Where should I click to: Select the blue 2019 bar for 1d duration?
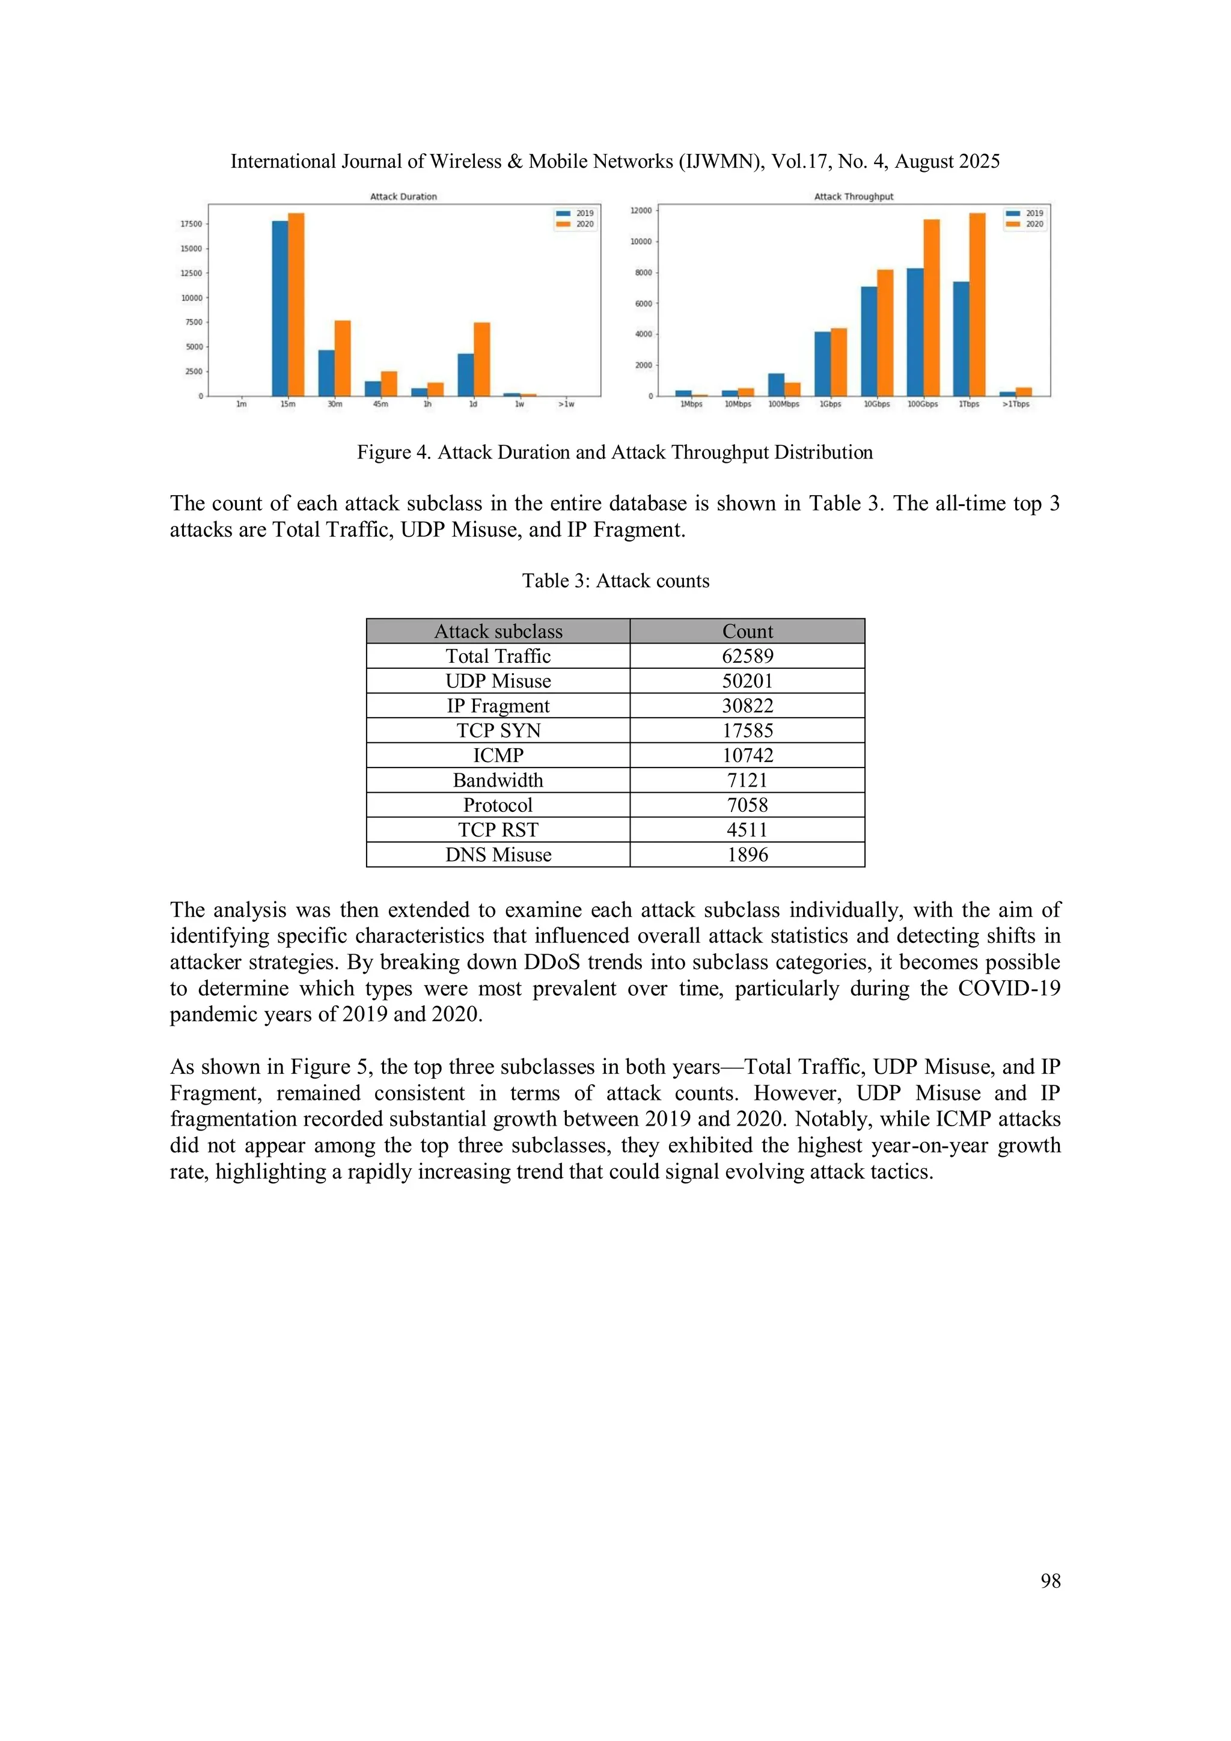point(465,374)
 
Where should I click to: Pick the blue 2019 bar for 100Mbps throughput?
point(776,385)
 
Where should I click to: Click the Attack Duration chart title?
point(403,197)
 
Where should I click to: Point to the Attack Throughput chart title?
point(854,197)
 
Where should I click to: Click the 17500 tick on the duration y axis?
point(191,224)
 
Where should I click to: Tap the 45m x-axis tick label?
point(380,404)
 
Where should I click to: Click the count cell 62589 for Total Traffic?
point(747,656)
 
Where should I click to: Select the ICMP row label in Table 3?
point(498,755)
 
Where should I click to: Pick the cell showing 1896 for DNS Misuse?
point(747,855)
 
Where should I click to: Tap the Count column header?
point(747,631)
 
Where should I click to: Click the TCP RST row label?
point(498,829)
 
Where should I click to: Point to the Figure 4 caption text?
point(614,452)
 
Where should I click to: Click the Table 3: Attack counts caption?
point(615,581)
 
